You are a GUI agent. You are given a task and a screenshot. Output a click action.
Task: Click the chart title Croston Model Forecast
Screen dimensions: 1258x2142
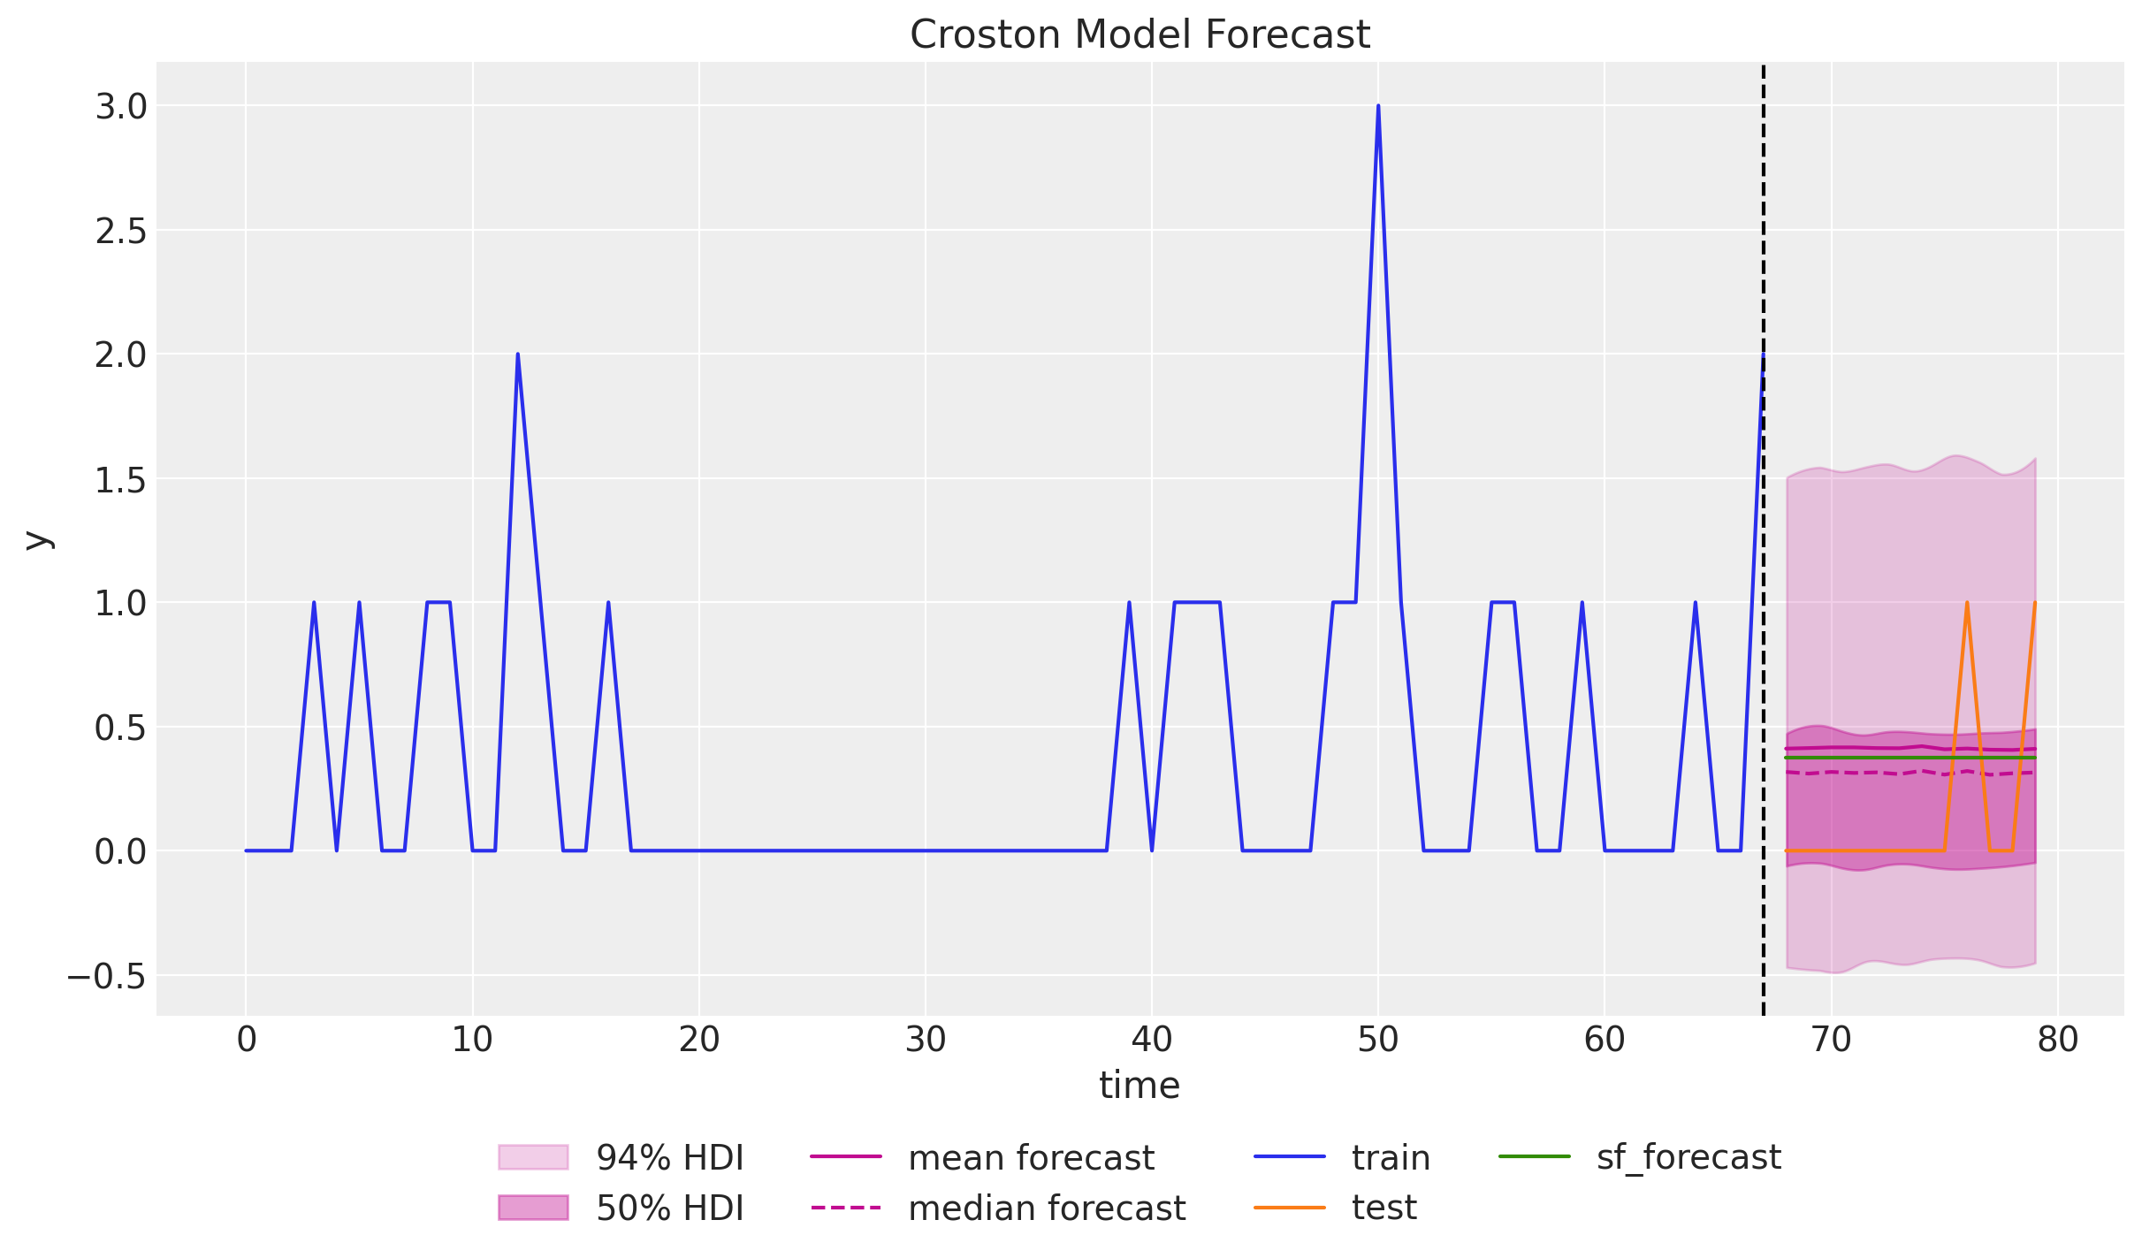(x=1140, y=35)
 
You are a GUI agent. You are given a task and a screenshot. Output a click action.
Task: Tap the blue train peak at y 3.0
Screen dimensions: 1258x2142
(x=1378, y=107)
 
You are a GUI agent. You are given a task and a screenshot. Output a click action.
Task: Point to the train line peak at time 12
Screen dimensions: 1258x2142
(x=517, y=355)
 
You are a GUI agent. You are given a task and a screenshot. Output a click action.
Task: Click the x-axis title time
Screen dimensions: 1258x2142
(x=1140, y=1086)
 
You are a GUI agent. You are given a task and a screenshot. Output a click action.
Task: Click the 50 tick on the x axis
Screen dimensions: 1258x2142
(x=1378, y=1041)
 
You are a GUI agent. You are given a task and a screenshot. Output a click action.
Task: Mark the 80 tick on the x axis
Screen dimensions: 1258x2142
(x=2057, y=1041)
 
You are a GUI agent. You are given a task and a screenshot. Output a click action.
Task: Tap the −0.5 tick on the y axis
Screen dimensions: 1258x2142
(x=106, y=977)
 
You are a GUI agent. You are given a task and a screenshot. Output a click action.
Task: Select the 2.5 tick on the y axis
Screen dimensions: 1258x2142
(x=120, y=231)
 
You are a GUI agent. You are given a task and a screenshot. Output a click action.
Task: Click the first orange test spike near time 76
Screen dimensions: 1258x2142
(x=1967, y=604)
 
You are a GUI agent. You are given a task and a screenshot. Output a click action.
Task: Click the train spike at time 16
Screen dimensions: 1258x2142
(x=608, y=604)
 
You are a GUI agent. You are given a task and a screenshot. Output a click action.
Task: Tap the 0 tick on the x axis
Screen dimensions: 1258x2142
(x=247, y=1041)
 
